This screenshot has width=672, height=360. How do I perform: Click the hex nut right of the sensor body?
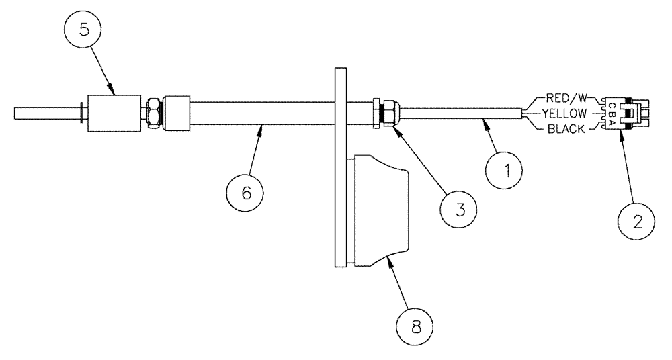[x=153, y=112]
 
